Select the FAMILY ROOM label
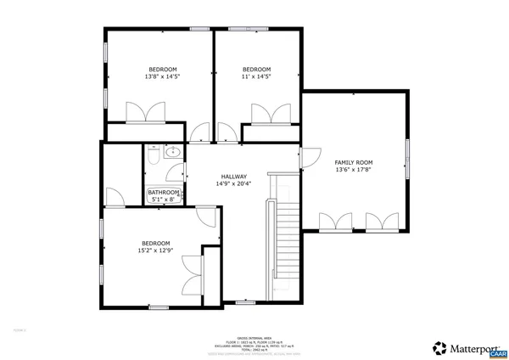click(x=353, y=161)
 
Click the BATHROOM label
click(x=164, y=193)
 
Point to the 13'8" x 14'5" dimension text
click(x=163, y=76)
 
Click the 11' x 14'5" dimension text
click(x=256, y=76)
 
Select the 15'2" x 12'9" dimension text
click(x=156, y=250)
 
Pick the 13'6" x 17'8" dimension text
click(x=353, y=169)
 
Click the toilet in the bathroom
click(x=151, y=156)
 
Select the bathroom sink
click(x=172, y=153)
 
